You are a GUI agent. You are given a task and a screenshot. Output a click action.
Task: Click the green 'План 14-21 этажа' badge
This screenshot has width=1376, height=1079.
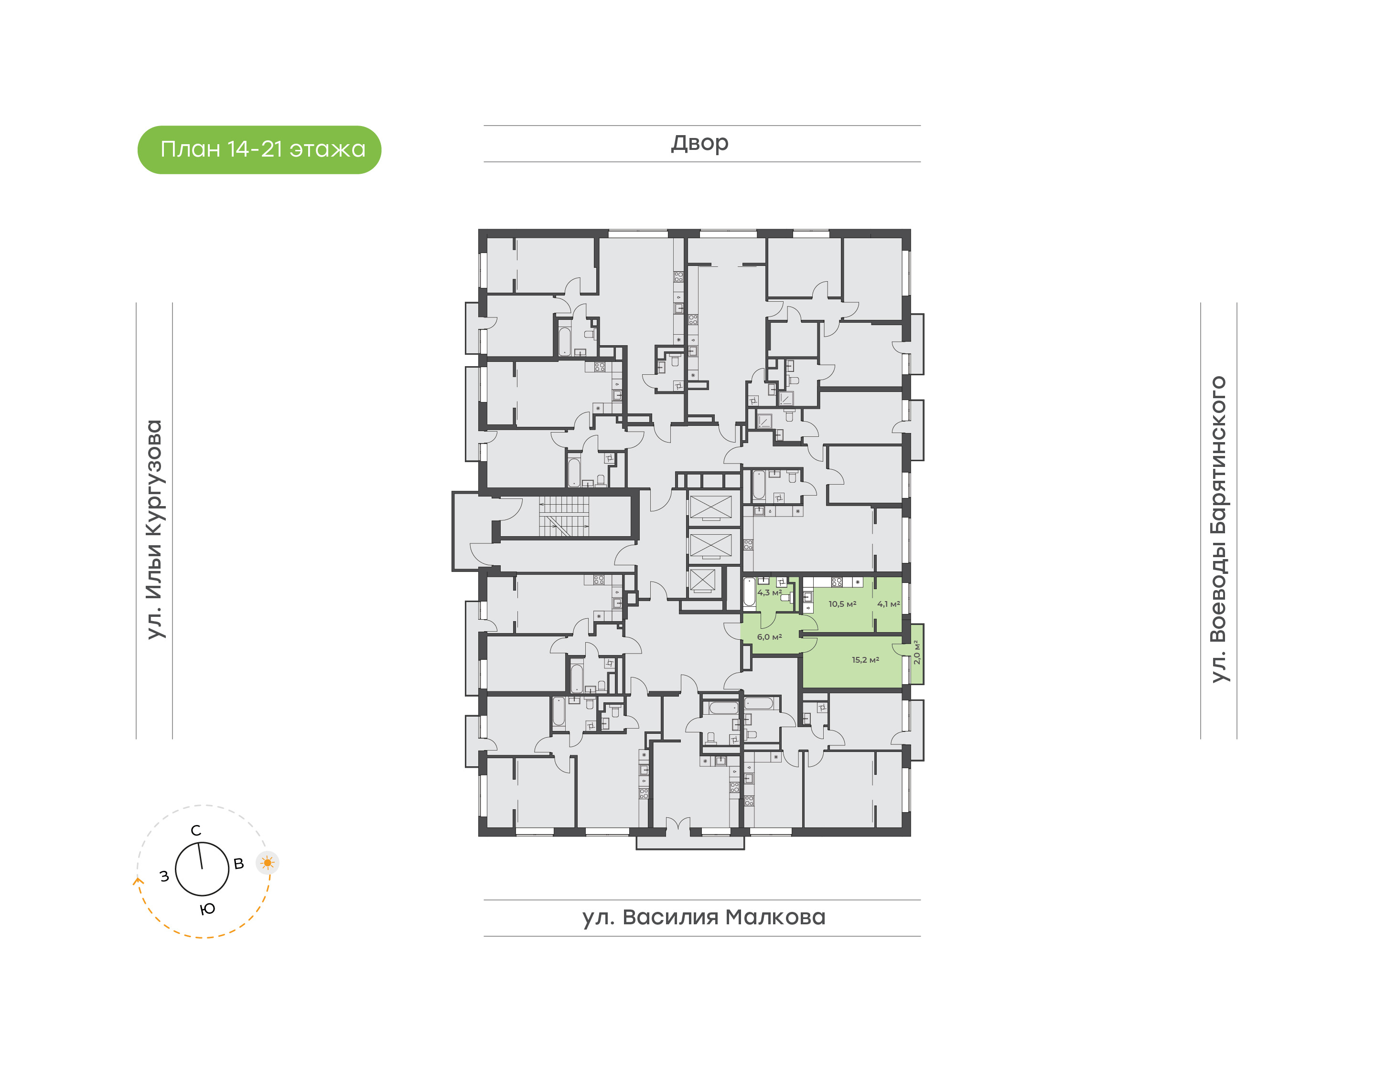pyautogui.click(x=259, y=150)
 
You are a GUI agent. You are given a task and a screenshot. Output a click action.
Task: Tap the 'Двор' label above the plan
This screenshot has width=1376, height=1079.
pyautogui.click(x=699, y=143)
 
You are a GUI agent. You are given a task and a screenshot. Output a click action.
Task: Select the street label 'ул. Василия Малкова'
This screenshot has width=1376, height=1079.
pyautogui.click(x=703, y=917)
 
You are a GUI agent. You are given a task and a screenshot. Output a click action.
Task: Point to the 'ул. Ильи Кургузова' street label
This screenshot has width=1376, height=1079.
pyautogui.click(x=155, y=529)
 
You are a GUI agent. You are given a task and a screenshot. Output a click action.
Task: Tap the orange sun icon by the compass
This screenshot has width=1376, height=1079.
pyautogui.click(x=268, y=862)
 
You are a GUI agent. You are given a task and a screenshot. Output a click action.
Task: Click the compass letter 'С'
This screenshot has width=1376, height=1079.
pyautogui.click(x=196, y=831)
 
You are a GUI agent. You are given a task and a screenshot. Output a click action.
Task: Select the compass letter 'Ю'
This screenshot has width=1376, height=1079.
pyautogui.click(x=208, y=909)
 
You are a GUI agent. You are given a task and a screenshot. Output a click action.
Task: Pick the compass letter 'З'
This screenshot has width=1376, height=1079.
pyautogui.click(x=164, y=876)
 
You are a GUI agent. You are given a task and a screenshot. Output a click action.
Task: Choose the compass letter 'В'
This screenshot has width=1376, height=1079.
pyautogui.click(x=239, y=864)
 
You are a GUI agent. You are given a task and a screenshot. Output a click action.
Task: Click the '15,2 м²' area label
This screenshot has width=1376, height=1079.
pyautogui.click(x=865, y=660)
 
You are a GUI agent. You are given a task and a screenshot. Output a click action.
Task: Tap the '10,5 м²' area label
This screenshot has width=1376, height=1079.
pyautogui.click(x=842, y=604)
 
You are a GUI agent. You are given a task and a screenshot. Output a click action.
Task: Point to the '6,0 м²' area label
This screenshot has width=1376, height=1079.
pyautogui.click(x=769, y=637)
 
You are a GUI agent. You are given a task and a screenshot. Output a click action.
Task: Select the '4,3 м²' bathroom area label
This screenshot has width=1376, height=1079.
pyautogui.click(x=769, y=593)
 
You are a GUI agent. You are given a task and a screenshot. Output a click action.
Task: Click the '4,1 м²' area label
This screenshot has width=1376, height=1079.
pyautogui.click(x=889, y=604)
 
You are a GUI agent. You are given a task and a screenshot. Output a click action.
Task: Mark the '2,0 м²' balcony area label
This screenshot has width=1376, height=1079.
pyautogui.click(x=916, y=653)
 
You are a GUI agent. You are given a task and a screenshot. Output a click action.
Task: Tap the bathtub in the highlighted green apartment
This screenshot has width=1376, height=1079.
pyautogui.click(x=749, y=592)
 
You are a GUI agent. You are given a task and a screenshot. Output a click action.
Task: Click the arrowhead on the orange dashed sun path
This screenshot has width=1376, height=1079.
pyautogui.click(x=137, y=881)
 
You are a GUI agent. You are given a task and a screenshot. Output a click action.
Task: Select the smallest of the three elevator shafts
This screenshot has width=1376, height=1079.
pyautogui.click(x=702, y=581)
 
